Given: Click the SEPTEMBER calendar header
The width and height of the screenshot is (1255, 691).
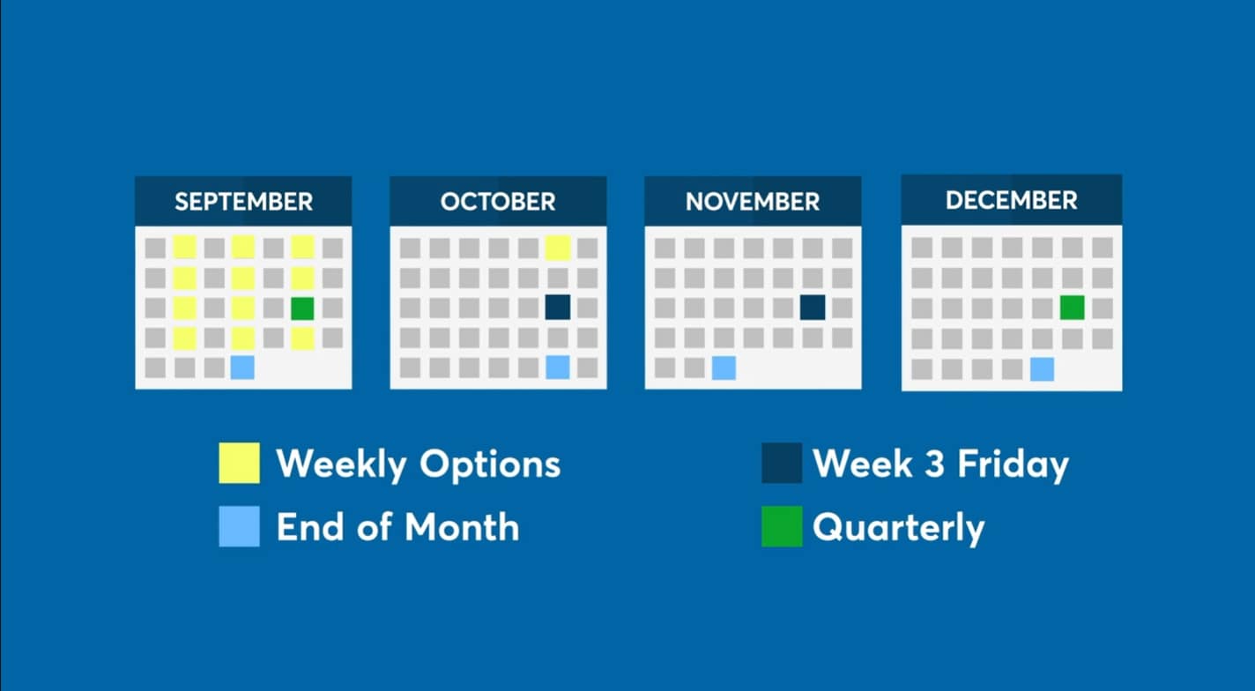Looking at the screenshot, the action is coord(244,202).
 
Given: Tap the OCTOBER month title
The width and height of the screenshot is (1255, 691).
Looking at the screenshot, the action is coord(498,202).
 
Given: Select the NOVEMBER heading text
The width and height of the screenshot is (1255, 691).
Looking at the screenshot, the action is coord(753,202).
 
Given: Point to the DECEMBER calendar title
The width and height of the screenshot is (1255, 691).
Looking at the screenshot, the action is coord(1011,200).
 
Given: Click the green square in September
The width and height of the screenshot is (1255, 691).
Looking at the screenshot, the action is coord(302,308).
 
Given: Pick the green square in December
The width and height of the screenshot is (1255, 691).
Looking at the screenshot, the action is coord(1073,308).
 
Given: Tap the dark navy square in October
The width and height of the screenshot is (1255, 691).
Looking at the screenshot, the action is coord(558,307).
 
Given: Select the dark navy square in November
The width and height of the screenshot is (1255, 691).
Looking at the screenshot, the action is coord(813,307).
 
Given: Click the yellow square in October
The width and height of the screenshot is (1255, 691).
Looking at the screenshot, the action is coord(558,248).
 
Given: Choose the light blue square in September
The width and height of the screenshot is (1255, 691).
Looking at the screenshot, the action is coord(242,367).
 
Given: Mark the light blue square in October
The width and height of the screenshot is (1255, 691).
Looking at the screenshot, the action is coord(558,367).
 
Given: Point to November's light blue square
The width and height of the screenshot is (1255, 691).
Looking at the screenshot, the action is coord(724,368).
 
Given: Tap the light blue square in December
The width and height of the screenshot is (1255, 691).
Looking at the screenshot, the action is coord(1042,369).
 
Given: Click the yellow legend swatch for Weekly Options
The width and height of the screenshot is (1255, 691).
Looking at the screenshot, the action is coord(239,463).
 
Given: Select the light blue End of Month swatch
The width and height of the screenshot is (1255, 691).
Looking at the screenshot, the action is coord(239,526).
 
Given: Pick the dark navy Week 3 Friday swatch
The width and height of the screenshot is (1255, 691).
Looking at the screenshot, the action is coord(782,463).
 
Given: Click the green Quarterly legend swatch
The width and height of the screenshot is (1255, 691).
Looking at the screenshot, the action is coord(782,526).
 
